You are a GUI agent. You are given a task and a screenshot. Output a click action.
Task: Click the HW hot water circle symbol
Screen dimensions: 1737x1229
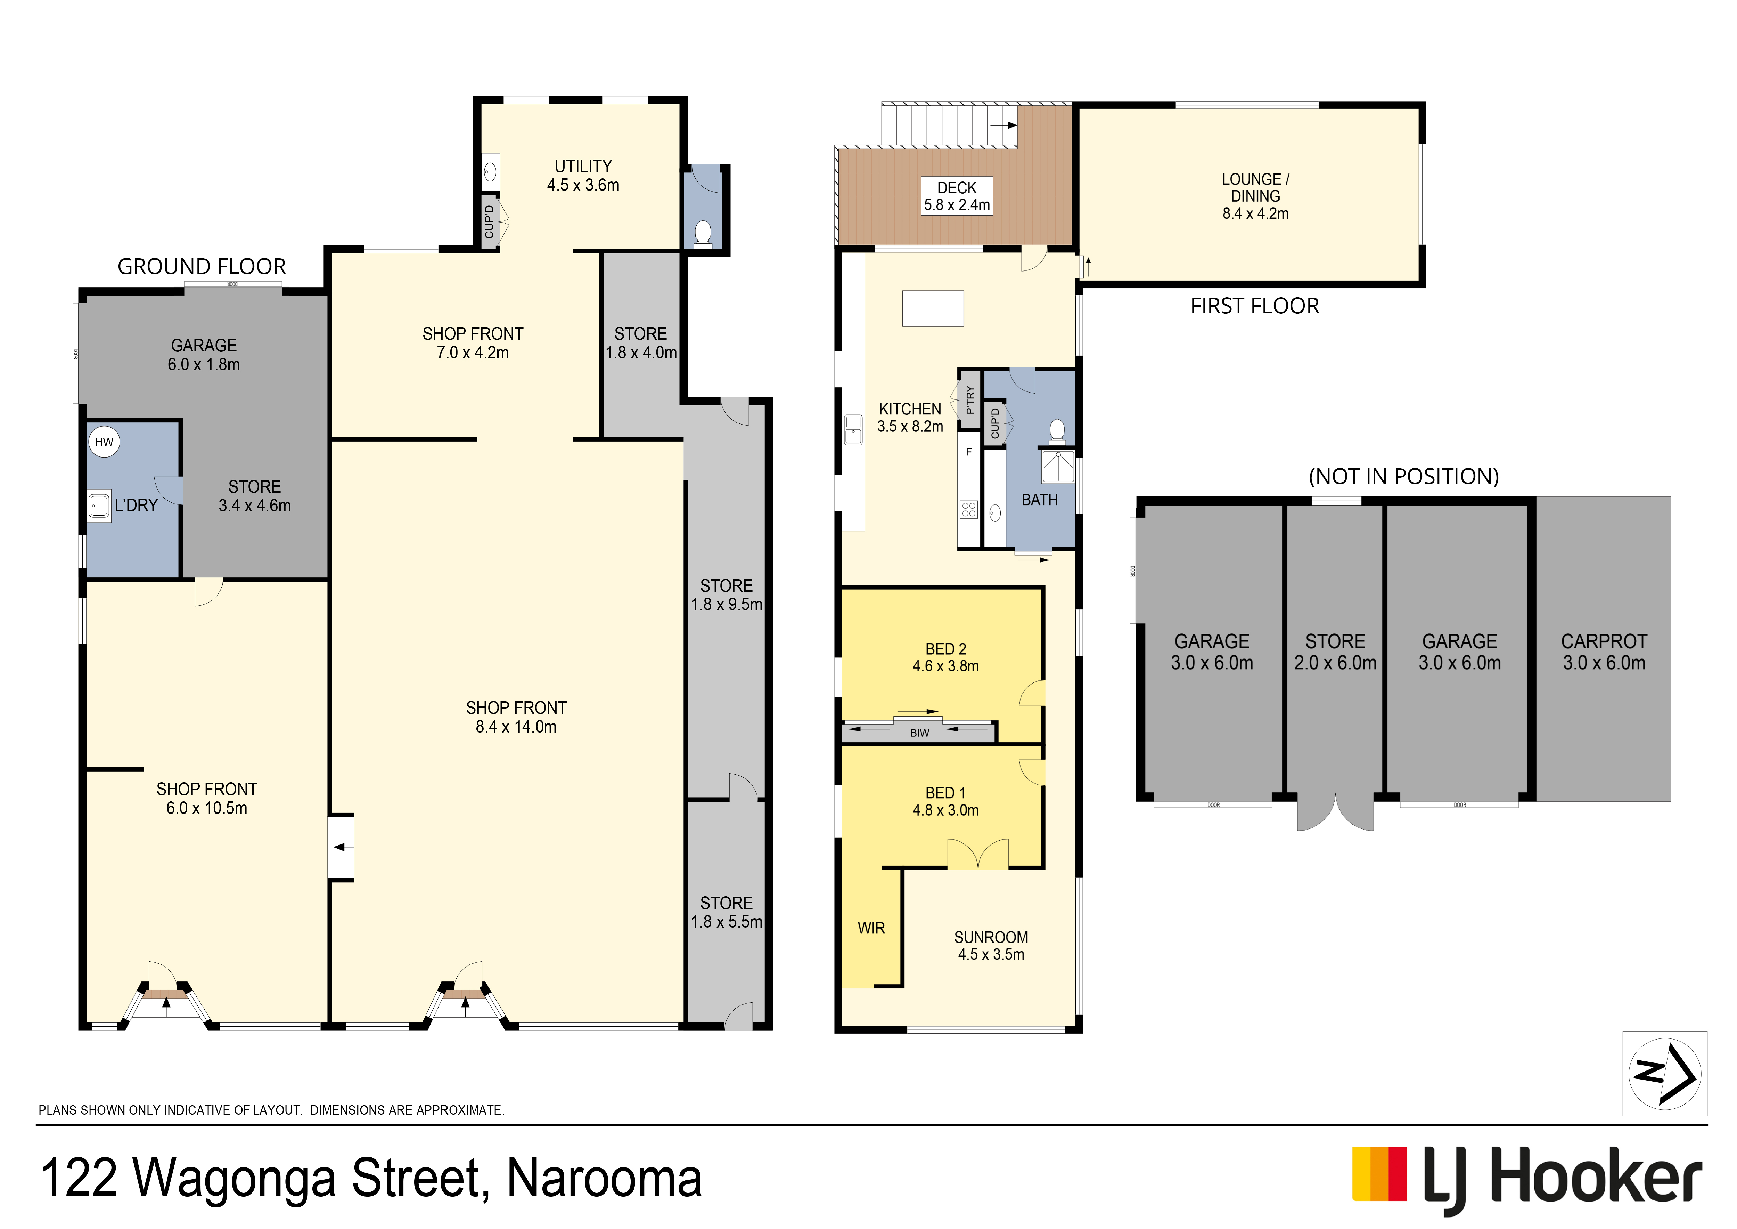104,442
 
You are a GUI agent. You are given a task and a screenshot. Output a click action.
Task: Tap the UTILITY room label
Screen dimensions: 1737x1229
583,166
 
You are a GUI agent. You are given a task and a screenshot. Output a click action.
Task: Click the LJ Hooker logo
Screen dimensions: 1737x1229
1527,1178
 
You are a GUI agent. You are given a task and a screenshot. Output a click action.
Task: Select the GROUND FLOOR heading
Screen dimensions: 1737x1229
202,266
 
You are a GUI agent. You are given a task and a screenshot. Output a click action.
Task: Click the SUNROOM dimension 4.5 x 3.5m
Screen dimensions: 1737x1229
991,954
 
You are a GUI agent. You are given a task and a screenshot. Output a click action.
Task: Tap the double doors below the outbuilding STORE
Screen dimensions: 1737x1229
1335,813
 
